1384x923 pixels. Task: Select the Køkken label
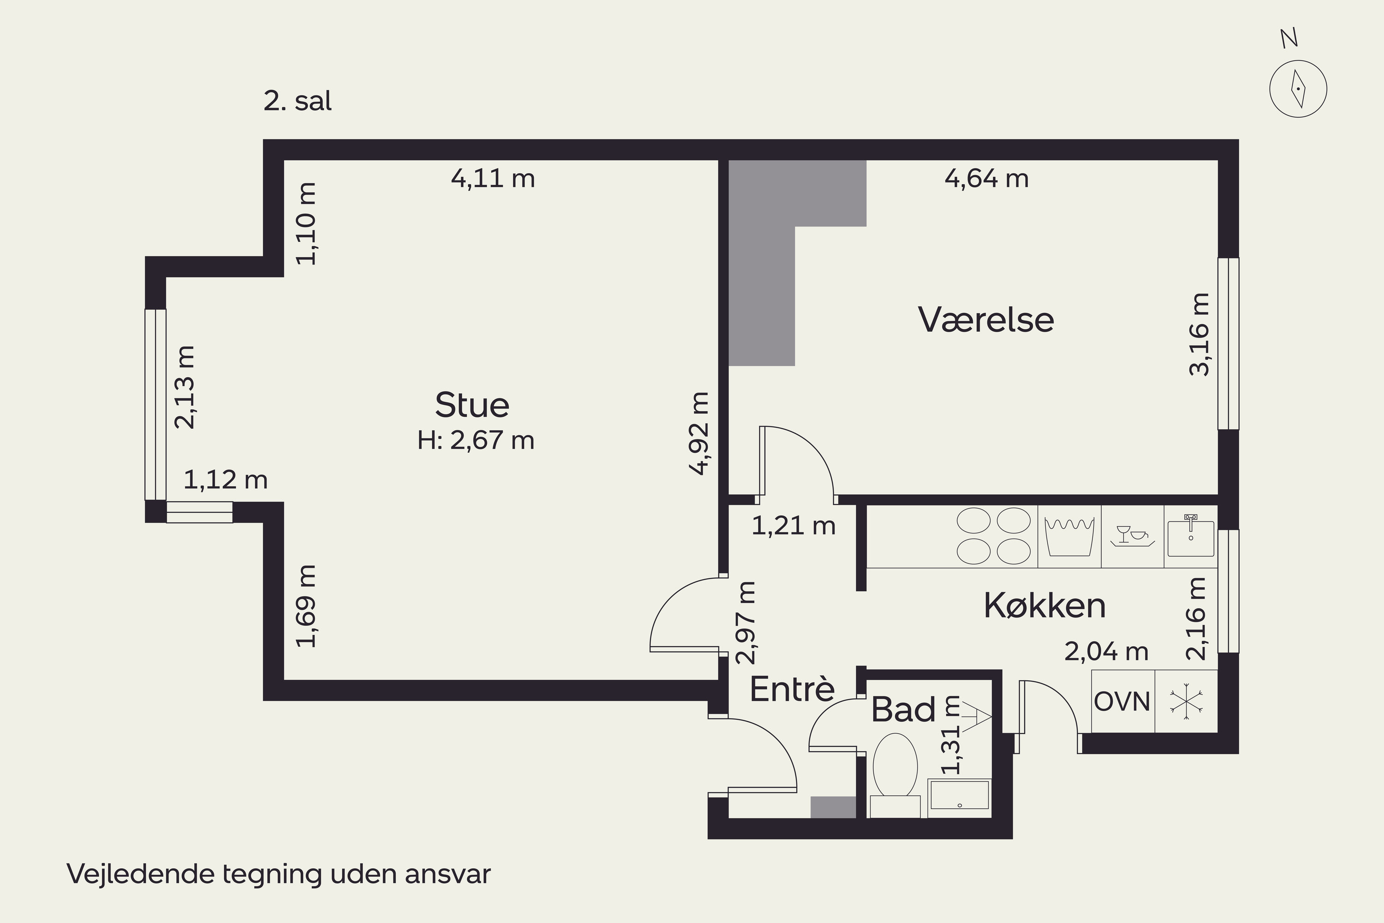pyautogui.click(x=1044, y=605)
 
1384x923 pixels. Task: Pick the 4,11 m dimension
pyautogui.click(x=493, y=178)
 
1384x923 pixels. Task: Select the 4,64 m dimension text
pyautogui.click(x=987, y=178)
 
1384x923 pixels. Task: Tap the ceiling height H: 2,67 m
pyautogui.click(x=476, y=440)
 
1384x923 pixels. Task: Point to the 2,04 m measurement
pyautogui.click(x=1106, y=652)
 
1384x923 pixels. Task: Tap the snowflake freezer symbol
pyautogui.click(x=1186, y=701)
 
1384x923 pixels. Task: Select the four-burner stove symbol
pyautogui.click(x=994, y=536)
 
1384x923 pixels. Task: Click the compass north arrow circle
pyautogui.click(x=1298, y=90)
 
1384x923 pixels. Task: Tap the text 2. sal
pyautogui.click(x=298, y=101)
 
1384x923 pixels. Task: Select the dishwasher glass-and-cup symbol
pyautogui.click(x=1132, y=536)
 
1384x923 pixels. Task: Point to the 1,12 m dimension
pyautogui.click(x=226, y=480)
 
